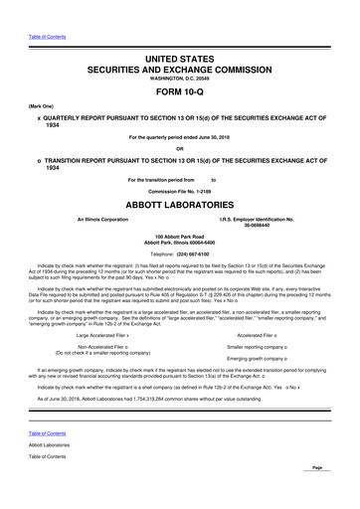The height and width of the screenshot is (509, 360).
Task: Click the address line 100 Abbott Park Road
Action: point(180,237)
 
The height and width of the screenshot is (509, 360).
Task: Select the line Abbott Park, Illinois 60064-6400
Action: point(180,244)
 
